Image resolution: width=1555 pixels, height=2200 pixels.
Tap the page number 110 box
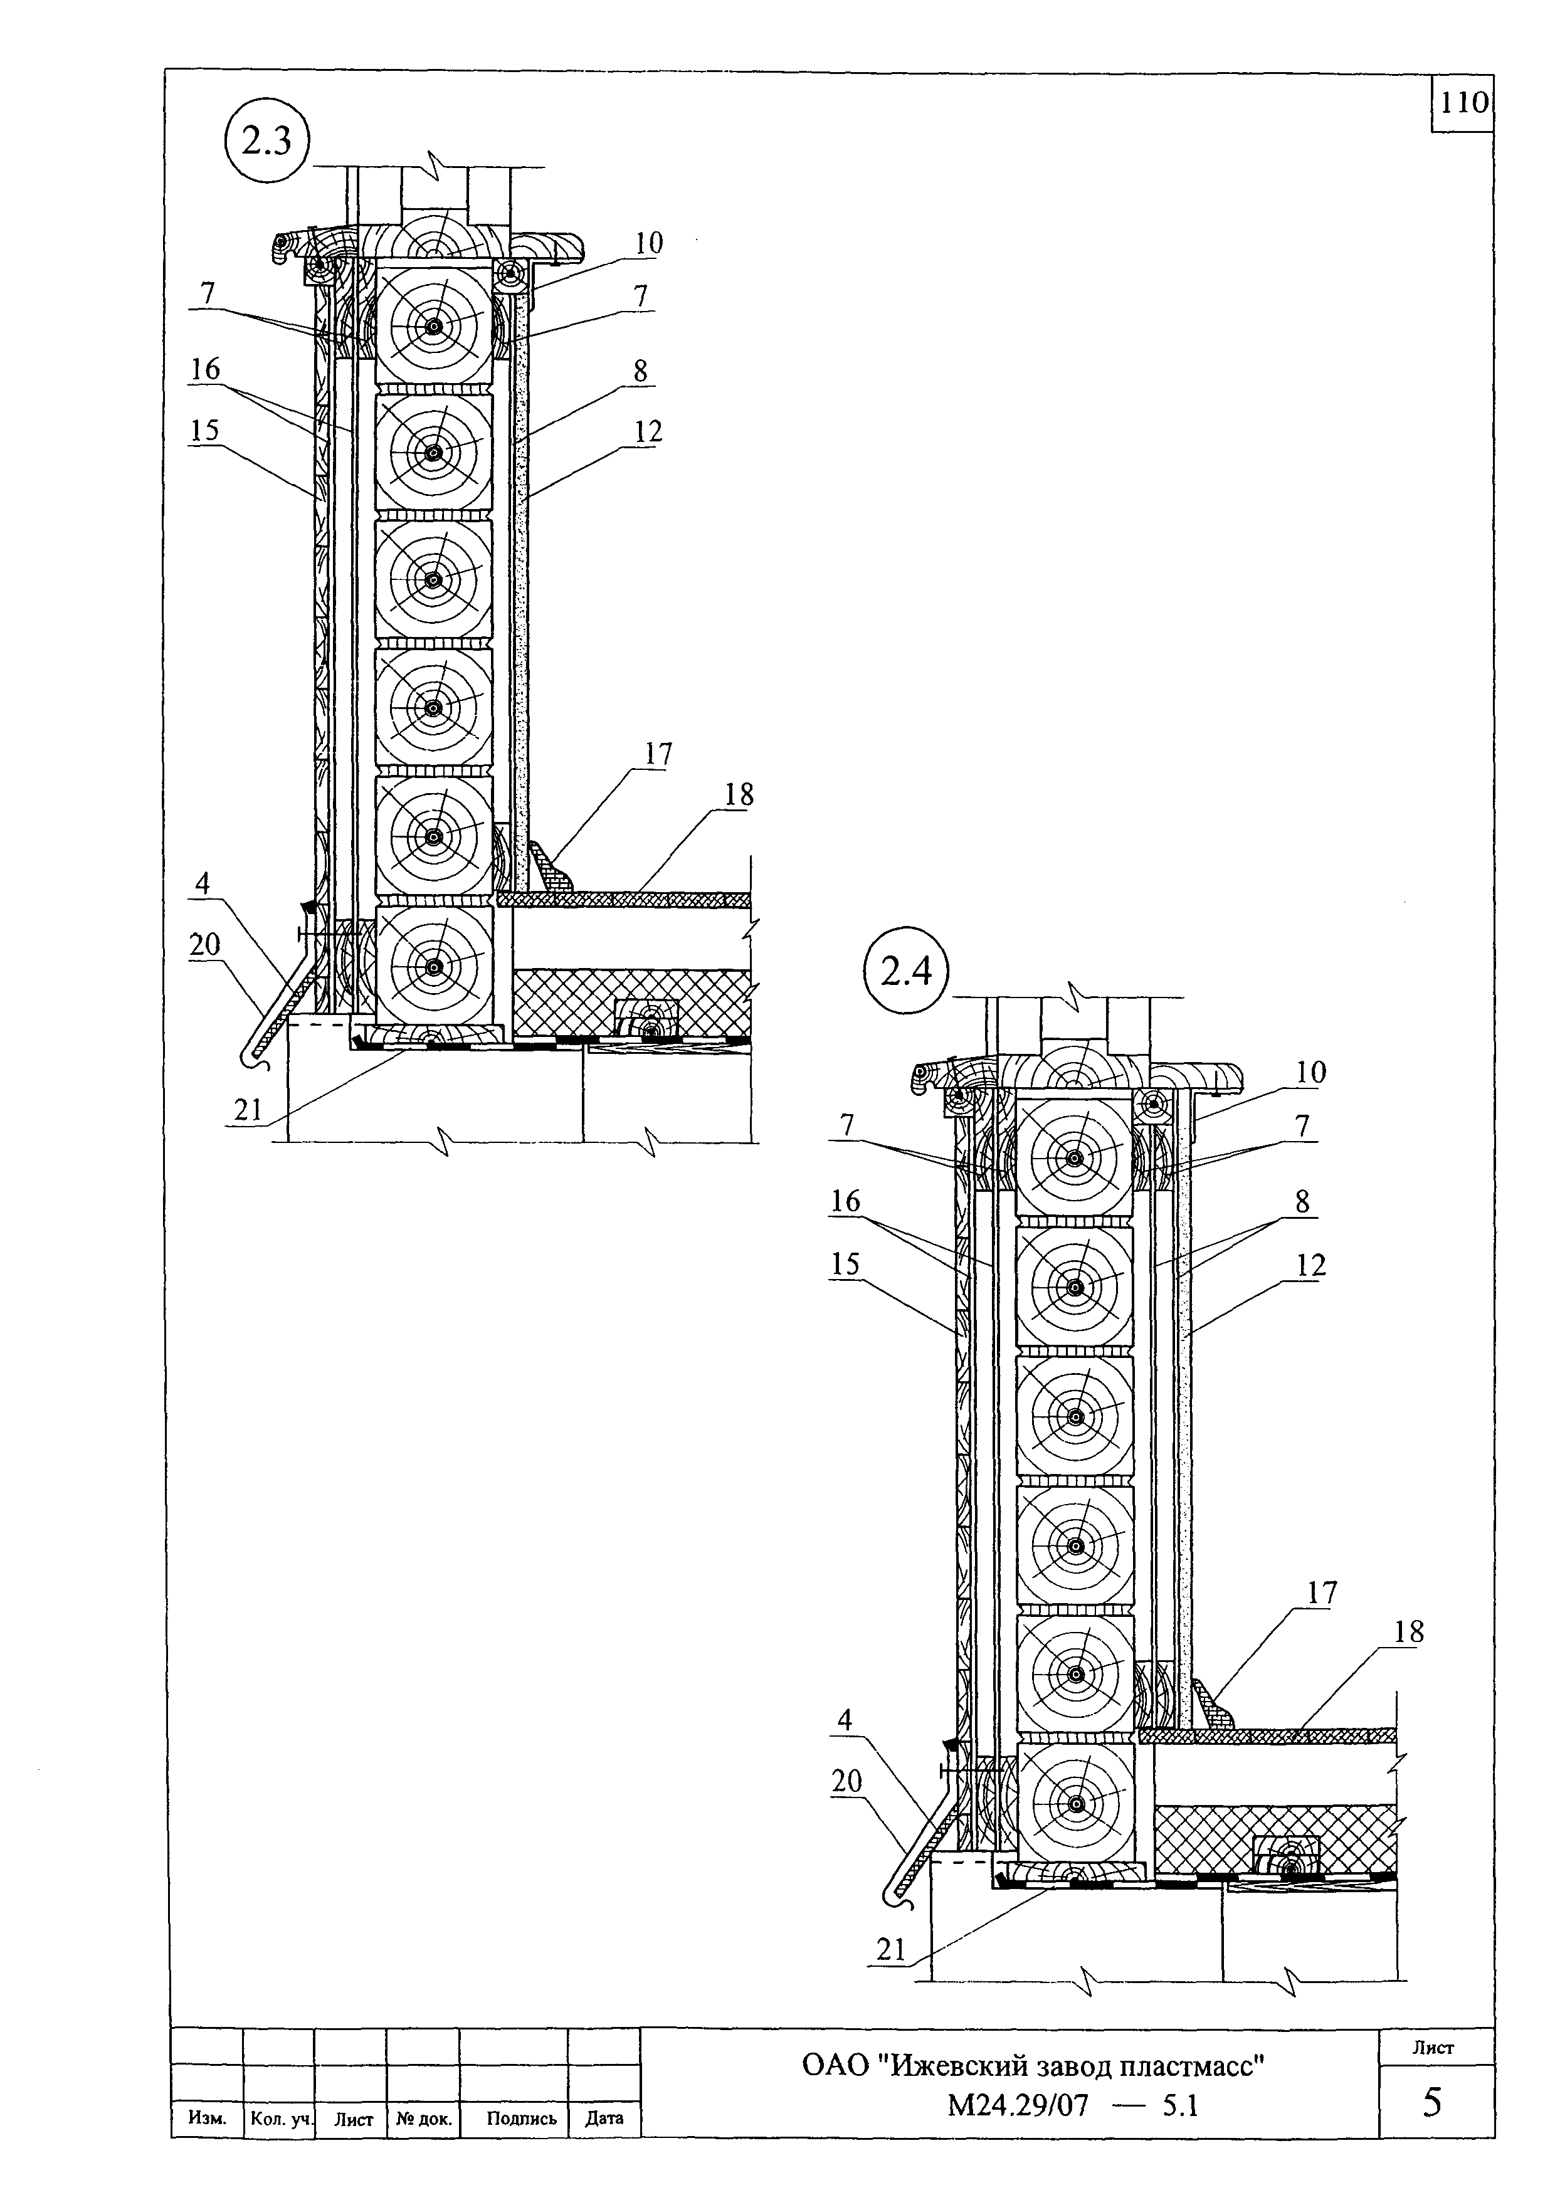point(1463,103)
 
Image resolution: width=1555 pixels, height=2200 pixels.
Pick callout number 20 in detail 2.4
point(847,1781)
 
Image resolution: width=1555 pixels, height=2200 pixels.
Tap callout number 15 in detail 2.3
point(204,430)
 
